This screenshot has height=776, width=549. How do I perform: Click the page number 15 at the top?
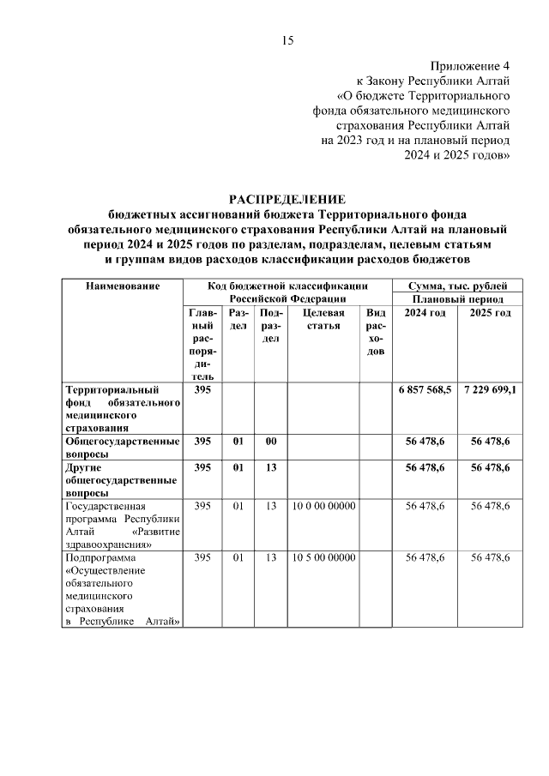point(287,40)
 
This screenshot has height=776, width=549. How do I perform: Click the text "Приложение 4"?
point(470,66)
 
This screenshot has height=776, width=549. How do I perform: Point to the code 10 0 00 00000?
point(323,506)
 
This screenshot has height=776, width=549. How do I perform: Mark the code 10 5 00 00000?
point(323,557)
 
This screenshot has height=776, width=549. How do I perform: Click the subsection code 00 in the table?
point(270,441)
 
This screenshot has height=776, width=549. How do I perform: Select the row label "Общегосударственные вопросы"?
point(122,447)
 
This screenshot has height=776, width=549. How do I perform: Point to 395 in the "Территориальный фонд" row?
point(202,389)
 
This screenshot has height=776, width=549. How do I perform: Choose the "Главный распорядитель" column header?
point(202,345)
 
